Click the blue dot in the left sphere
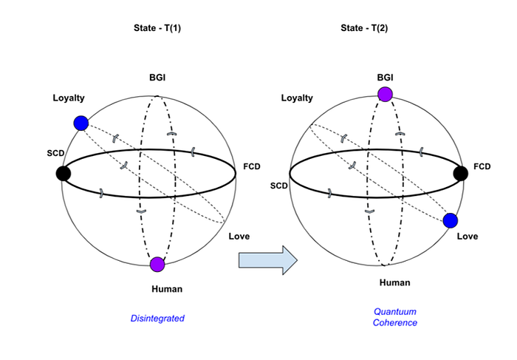pyautogui.click(x=81, y=123)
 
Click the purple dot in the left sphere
pyautogui.click(x=157, y=265)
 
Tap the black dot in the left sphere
pyautogui.click(x=63, y=173)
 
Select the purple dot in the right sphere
pyautogui.click(x=385, y=94)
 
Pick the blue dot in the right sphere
pyautogui.click(x=451, y=220)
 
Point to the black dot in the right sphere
pyautogui.click(x=461, y=173)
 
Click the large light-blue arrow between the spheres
pyautogui.click(x=268, y=260)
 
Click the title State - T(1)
pyautogui.click(x=157, y=28)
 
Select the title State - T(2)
pyautogui.click(x=364, y=28)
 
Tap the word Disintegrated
pyautogui.click(x=157, y=319)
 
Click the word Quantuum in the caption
pyautogui.click(x=395, y=311)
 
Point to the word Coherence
pyautogui.click(x=395, y=323)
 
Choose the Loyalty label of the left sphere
pyautogui.click(x=69, y=98)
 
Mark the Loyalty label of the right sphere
pyautogui.click(x=297, y=98)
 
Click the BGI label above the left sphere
pyautogui.click(x=157, y=78)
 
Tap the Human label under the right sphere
pyautogui.click(x=394, y=282)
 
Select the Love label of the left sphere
pyautogui.click(x=239, y=237)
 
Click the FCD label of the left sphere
pyautogui.click(x=252, y=166)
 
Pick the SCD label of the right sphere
pyautogui.click(x=279, y=186)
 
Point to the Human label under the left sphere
pyautogui.click(x=167, y=289)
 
